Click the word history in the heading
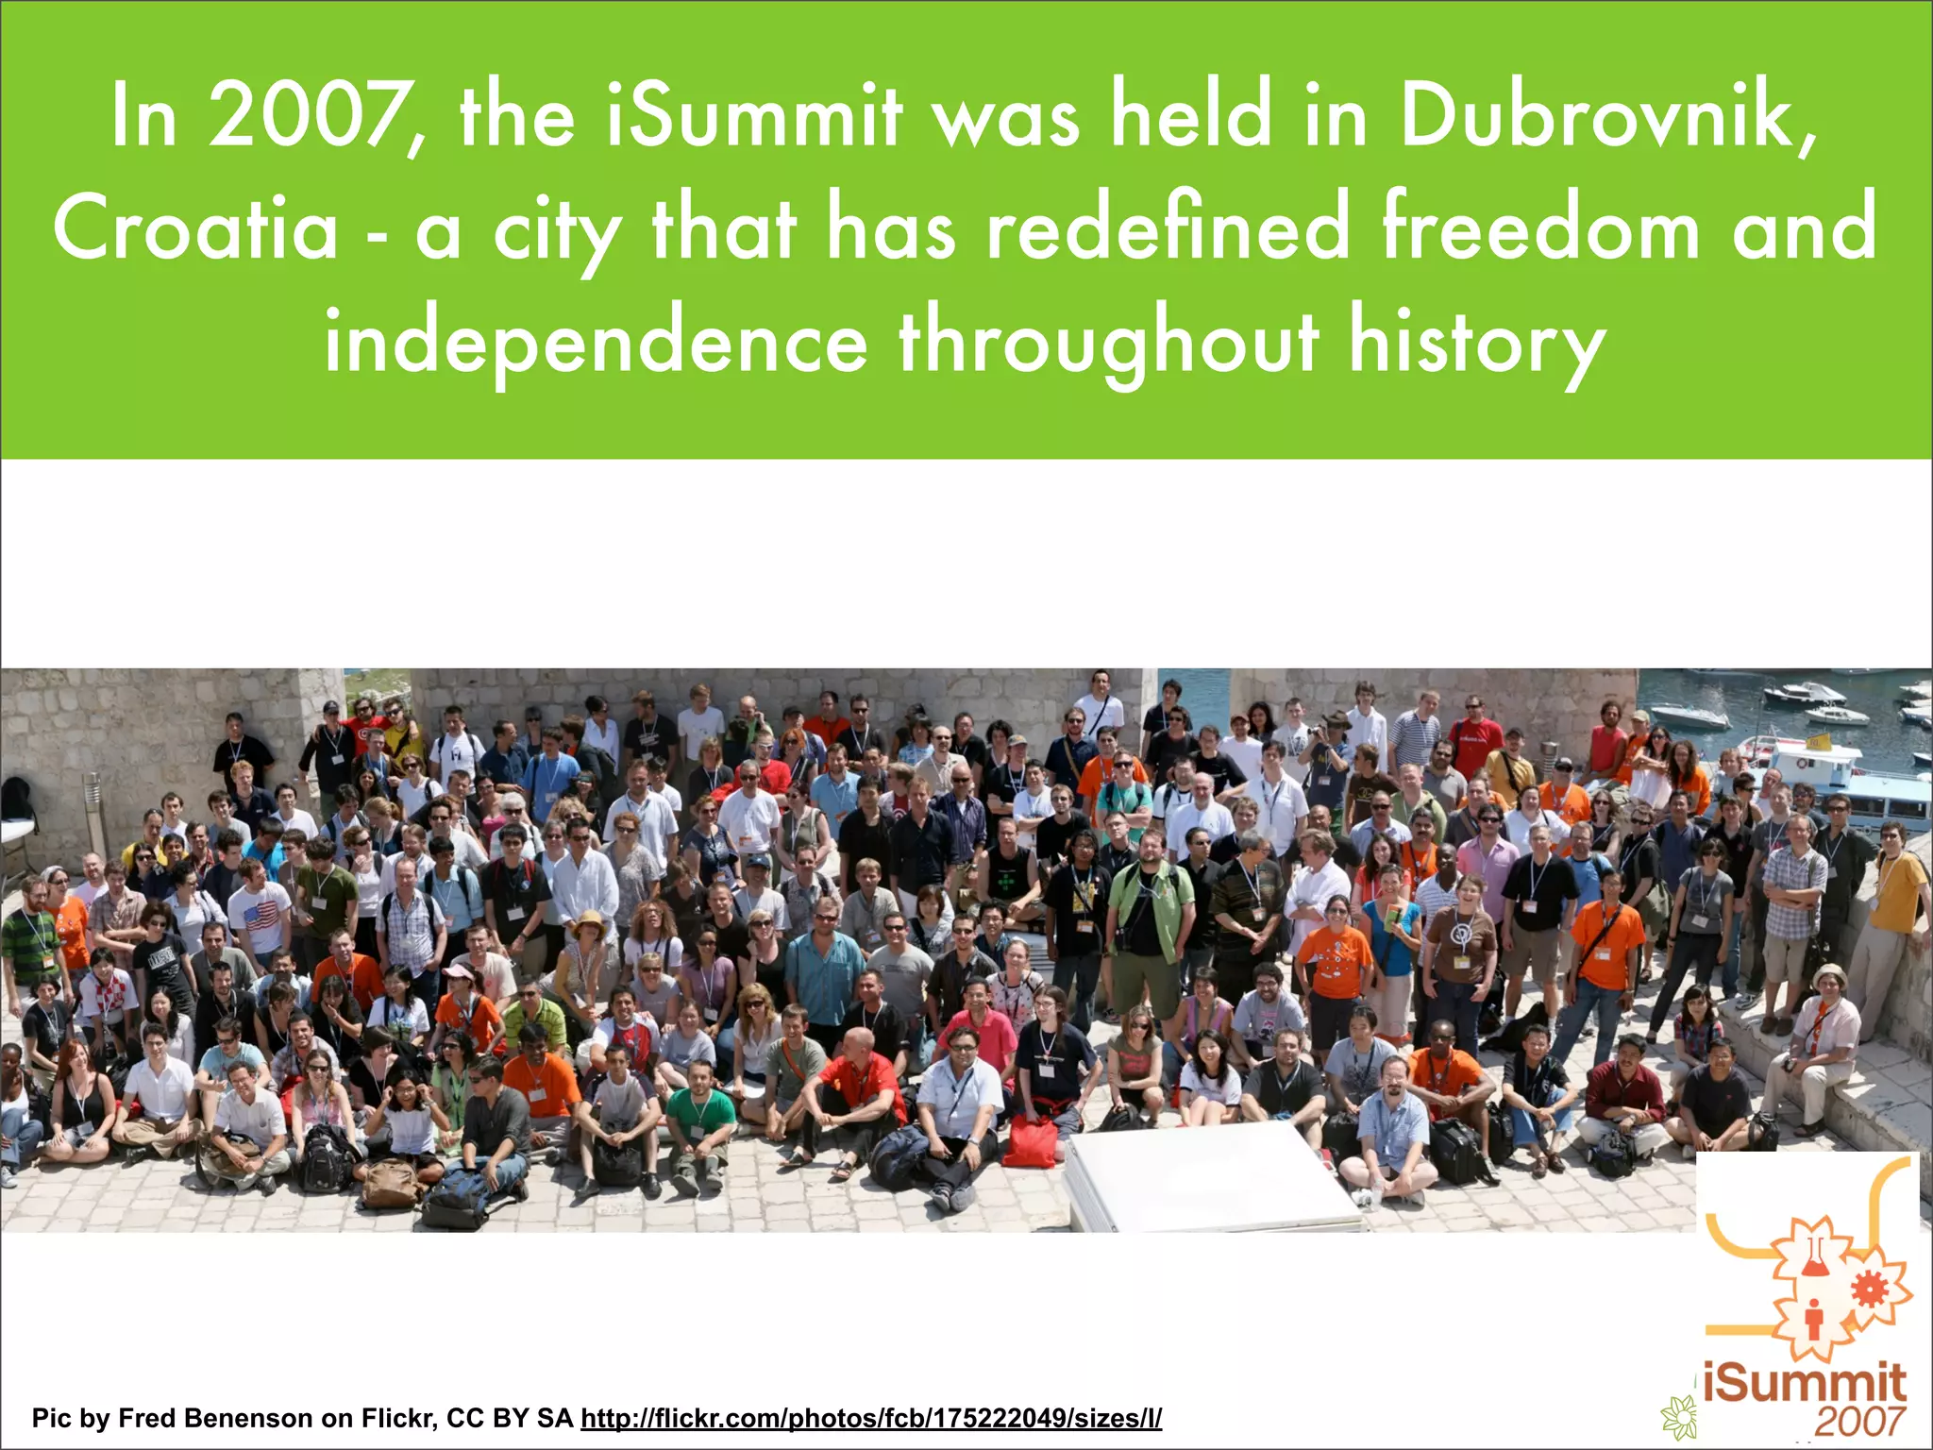(1476, 342)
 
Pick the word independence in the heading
(596, 342)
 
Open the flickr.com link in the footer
(870, 1418)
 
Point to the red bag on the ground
(1029, 1140)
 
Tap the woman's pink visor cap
(459, 972)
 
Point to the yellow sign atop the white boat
(1818, 741)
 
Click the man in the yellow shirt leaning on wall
(1895, 897)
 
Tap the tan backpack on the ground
(391, 1182)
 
